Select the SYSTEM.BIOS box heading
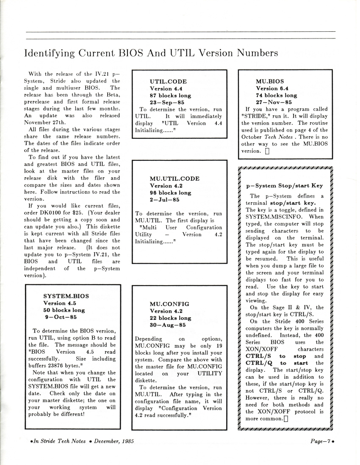tap(66, 296)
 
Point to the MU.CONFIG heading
tap(169, 303)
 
